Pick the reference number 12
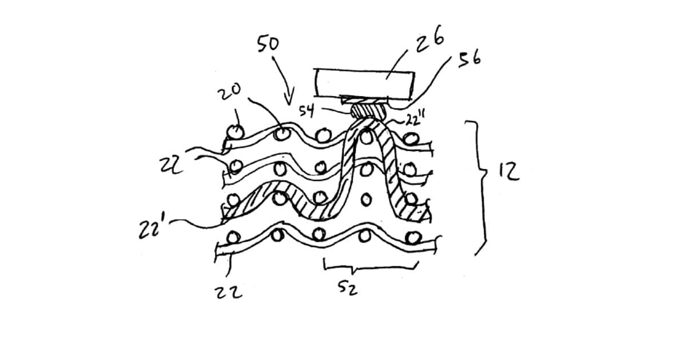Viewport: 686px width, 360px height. click(x=508, y=172)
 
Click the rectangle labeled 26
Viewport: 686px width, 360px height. click(x=365, y=83)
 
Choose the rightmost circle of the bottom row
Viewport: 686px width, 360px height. click(x=412, y=236)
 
